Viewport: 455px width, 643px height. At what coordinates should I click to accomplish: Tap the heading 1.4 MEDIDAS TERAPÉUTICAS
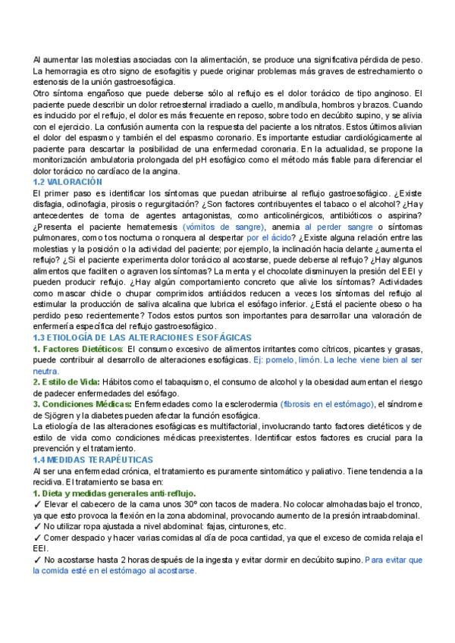click(x=93, y=460)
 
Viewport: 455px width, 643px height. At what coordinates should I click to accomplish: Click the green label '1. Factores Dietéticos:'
click(x=77, y=348)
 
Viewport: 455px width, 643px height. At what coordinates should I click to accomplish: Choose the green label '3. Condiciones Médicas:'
click(x=83, y=404)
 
